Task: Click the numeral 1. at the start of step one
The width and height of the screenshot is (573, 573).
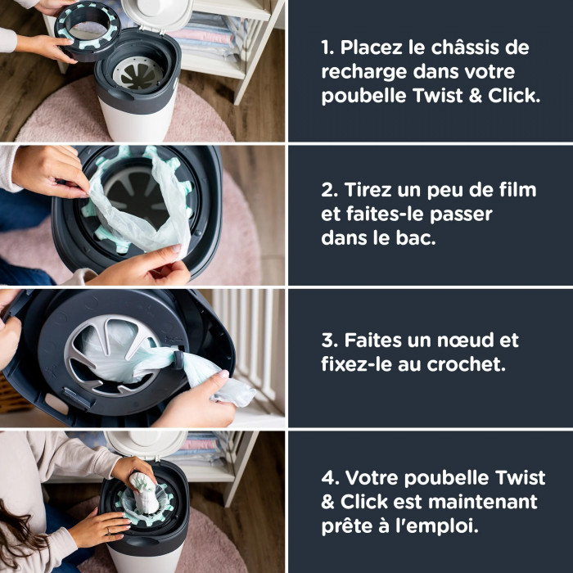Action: [328, 47]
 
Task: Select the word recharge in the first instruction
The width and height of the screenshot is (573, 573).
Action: [360, 71]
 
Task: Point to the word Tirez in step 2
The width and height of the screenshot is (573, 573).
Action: [368, 191]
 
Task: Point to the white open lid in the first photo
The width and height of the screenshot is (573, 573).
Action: [163, 12]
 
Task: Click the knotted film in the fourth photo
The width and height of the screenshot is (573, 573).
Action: [144, 490]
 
